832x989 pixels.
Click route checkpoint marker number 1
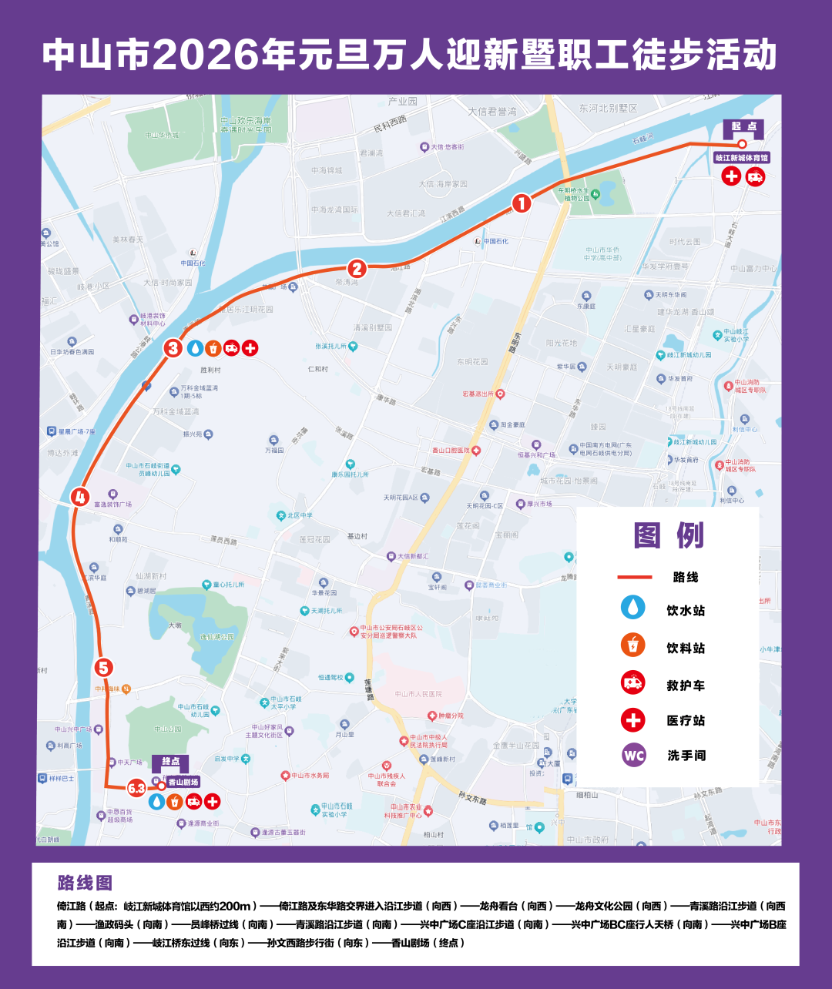pos(522,203)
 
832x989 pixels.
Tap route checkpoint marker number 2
pos(357,268)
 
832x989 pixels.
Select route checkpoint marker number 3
pos(173,348)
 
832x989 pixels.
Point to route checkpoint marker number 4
pos(79,497)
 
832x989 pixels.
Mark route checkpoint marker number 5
pos(104,668)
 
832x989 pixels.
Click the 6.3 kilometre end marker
pos(137,788)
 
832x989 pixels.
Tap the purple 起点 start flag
pos(743,127)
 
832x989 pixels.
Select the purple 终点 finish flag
pos(170,762)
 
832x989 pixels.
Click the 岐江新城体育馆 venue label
pos(741,158)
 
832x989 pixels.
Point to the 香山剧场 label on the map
pos(183,781)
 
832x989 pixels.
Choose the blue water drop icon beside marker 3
pos(196,348)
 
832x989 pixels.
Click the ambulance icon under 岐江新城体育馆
pos(756,176)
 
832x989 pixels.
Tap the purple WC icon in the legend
pos(633,755)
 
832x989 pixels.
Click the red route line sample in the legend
pos(634,577)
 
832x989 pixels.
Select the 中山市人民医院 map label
pos(418,694)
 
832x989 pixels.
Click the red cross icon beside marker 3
pos(250,348)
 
